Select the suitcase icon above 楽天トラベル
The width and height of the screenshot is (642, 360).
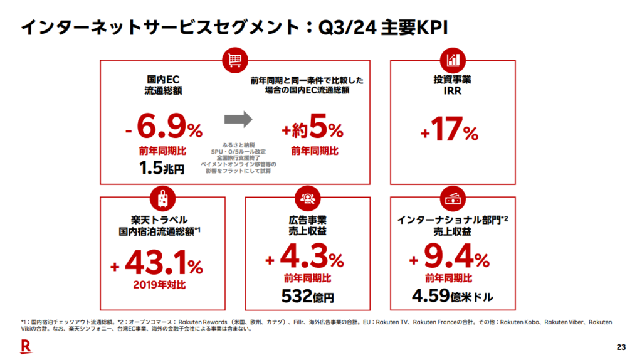click(162, 198)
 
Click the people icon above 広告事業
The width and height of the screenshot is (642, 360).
click(307, 198)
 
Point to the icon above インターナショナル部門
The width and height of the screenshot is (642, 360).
click(453, 198)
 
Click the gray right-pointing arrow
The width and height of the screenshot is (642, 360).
click(238, 119)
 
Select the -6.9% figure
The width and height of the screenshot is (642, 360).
click(163, 129)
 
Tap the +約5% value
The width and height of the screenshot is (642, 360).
click(312, 130)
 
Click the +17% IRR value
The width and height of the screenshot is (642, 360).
click(449, 132)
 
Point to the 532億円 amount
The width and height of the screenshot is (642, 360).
click(307, 295)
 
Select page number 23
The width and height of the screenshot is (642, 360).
click(621, 347)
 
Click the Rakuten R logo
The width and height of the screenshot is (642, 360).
click(26, 346)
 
